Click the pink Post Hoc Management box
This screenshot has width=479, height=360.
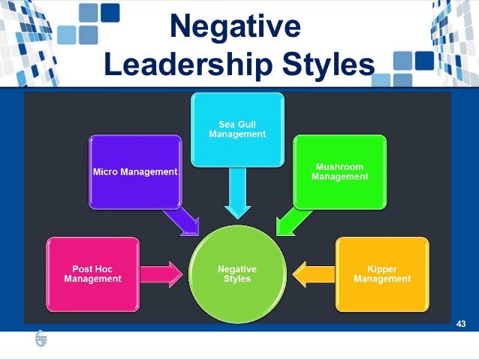pyautogui.click(x=92, y=274)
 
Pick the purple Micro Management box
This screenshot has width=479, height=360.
pyautogui.click(x=135, y=171)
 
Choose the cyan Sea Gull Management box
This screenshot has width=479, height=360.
pyautogui.click(x=237, y=129)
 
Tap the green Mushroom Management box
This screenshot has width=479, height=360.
pyautogui.click(x=340, y=171)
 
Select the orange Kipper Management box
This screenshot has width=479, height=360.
pyautogui.click(x=382, y=274)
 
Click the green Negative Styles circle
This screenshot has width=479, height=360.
pyautogui.click(x=237, y=273)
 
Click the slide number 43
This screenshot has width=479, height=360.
pyautogui.click(x=461, y=324)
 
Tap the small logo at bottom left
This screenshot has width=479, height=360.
pyautogui.click(x=40, y=340)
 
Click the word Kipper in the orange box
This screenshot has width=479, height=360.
pyautogui.click(x=382, y=268)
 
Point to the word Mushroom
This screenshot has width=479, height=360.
pyautogui.click(x=340, y=167)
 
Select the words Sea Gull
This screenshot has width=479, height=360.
pyautogui.click(x=237, y=124)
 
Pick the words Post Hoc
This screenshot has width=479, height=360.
pyautogui.click(x=92, y=268)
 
